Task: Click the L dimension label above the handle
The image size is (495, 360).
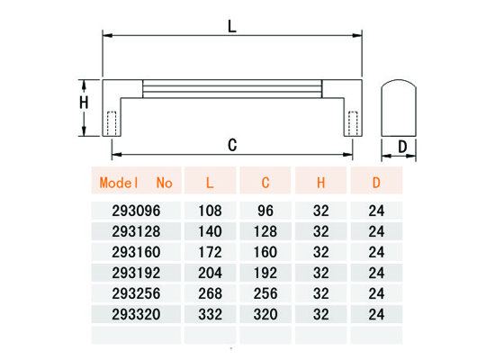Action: click(x=232, y=26)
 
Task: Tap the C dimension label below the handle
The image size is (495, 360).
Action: click(x=232, y=145)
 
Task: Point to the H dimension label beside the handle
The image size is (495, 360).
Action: click(x=84, y=103)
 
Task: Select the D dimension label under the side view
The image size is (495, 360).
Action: click(x=402, y=147)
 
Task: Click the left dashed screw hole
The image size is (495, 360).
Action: click(x=112, y=123)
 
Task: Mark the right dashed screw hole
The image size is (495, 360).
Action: click(x=353, y=123)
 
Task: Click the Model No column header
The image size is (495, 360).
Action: click(x=136, y=183)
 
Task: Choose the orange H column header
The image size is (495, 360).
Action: click(x=320, y=183)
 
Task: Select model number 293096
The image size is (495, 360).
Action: click(x=136, y=211)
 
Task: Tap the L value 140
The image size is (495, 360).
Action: click(x=210, y=231)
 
